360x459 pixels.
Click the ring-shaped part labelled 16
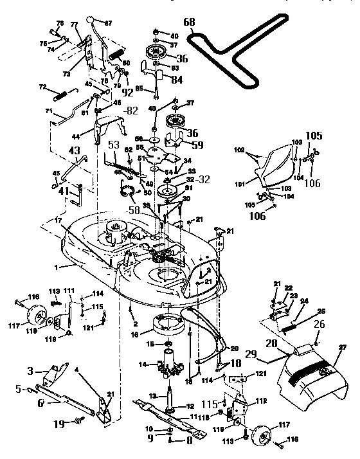click(172, 324)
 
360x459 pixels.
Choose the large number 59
click(197, 145)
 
